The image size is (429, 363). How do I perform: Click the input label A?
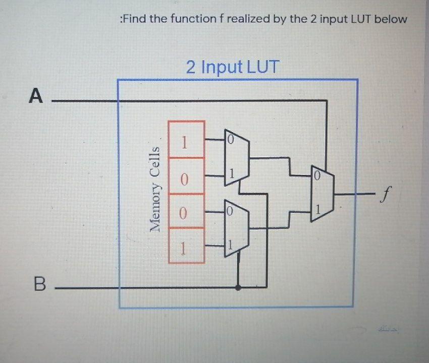coord(35,95)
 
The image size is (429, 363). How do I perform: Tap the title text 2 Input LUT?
coord(232,67)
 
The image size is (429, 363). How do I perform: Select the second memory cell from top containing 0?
coord(185,178)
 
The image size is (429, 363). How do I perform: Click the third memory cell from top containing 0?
coord(185,213)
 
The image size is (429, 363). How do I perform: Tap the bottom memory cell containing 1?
coord(185,247)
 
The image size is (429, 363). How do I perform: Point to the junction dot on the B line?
coord(238,288)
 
